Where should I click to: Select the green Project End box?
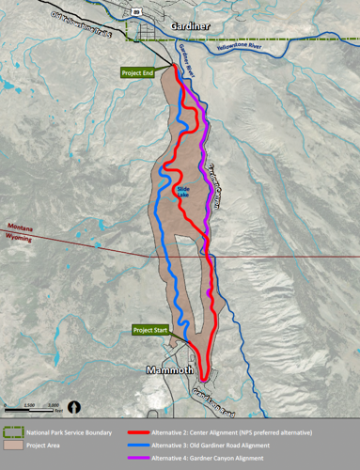(136, 71)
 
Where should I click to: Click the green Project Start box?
(149, 330)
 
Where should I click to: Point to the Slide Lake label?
(183, 191)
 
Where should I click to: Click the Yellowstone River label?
(281, 43)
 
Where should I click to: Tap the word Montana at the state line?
(20, 227)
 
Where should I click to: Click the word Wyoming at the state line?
(20, 239)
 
